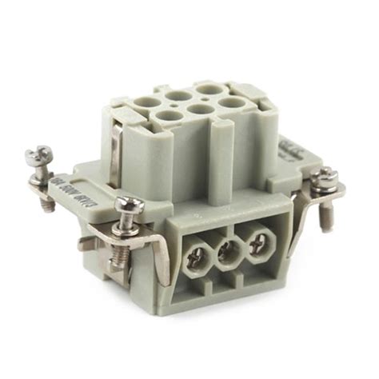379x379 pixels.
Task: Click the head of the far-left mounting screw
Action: tap(41, 153)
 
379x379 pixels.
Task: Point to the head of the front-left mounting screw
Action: tap(127, 205)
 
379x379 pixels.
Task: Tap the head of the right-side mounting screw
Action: tap(326, 175)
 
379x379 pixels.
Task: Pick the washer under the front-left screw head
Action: tap(129, 220)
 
